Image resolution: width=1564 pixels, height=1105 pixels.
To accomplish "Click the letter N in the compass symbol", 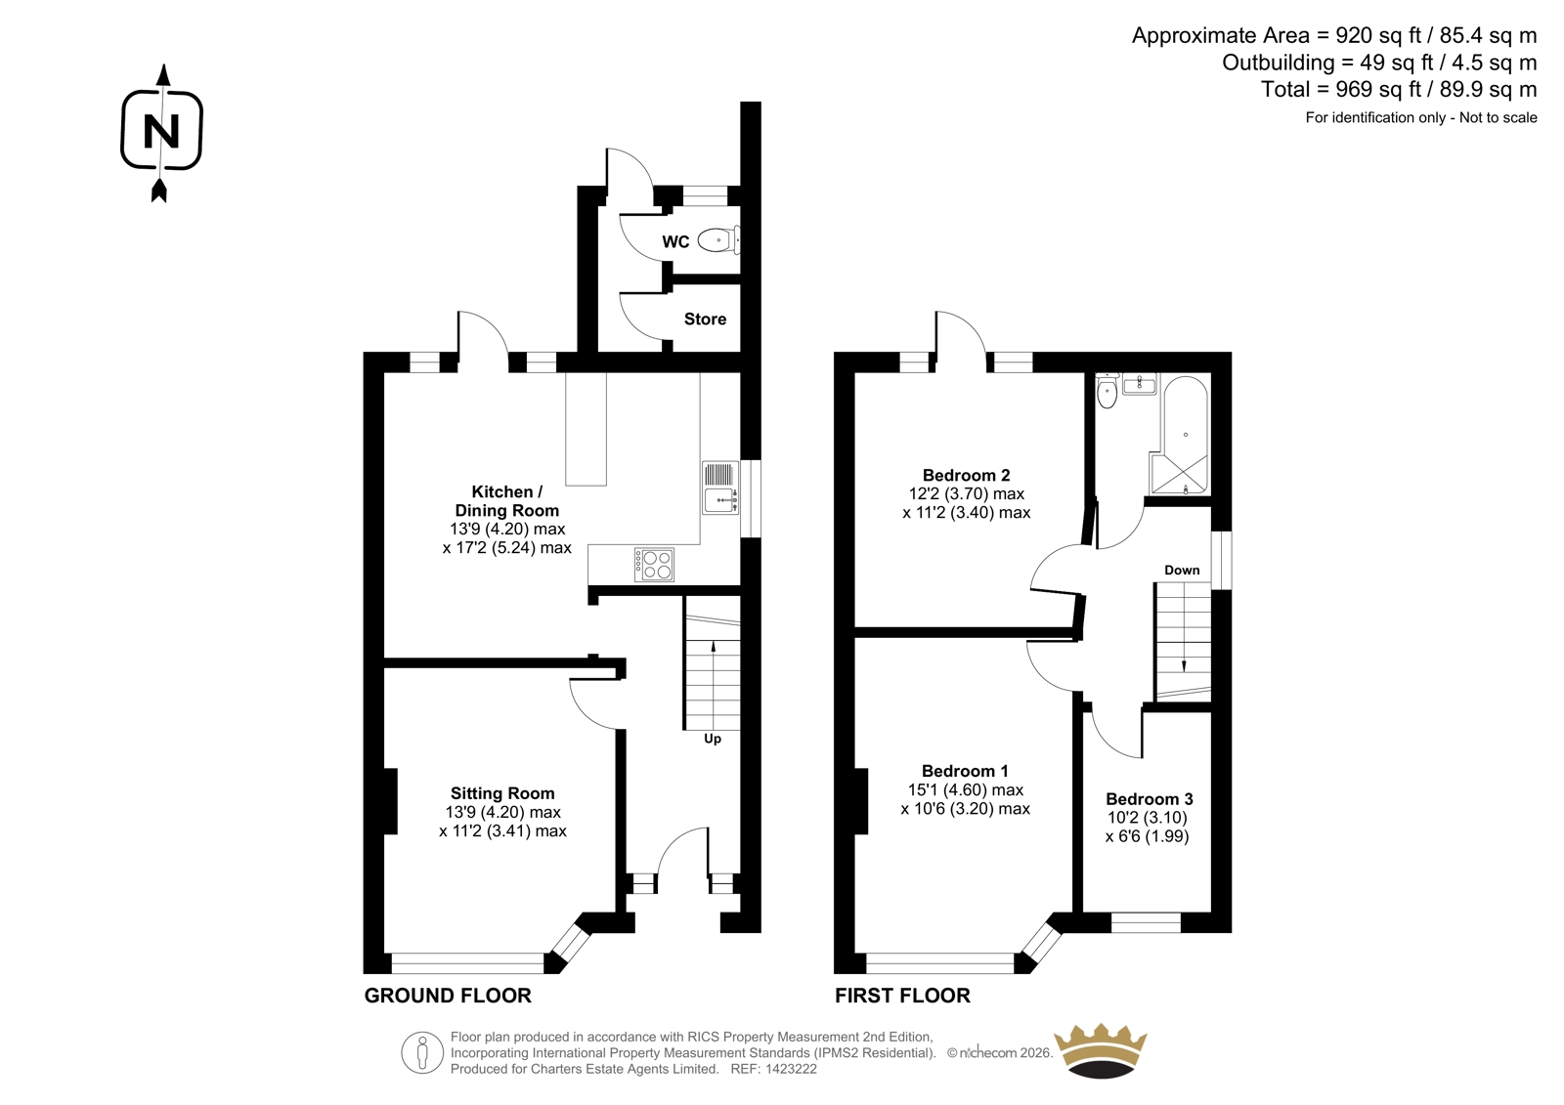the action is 161,131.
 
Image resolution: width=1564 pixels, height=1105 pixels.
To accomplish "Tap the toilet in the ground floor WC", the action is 718,240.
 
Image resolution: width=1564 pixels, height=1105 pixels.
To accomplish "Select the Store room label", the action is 705,319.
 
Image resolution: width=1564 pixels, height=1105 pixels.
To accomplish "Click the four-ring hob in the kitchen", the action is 654,565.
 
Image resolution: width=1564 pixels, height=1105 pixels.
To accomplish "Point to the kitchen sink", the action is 719,488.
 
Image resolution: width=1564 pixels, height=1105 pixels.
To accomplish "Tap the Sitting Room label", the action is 502,793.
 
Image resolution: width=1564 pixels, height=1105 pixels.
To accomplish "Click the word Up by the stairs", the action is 713,739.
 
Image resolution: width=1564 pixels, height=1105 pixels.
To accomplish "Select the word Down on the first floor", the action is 1182,570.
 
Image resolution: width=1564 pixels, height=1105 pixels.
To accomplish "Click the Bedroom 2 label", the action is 967,476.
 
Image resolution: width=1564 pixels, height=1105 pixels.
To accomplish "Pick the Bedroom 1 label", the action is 965,771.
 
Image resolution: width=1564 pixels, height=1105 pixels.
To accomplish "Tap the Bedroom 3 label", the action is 1150,798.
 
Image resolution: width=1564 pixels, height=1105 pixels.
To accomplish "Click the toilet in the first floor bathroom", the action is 1108,392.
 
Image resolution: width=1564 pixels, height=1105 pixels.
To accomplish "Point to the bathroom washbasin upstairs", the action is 1140,384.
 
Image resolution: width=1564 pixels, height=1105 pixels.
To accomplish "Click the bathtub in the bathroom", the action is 1184,436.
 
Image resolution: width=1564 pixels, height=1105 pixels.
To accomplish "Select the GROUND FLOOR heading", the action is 448,996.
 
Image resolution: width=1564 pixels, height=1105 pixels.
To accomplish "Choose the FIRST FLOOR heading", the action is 902,996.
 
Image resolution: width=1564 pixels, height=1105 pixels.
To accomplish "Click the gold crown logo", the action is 1101,1050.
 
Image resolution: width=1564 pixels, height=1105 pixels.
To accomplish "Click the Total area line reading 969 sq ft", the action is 1399,89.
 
